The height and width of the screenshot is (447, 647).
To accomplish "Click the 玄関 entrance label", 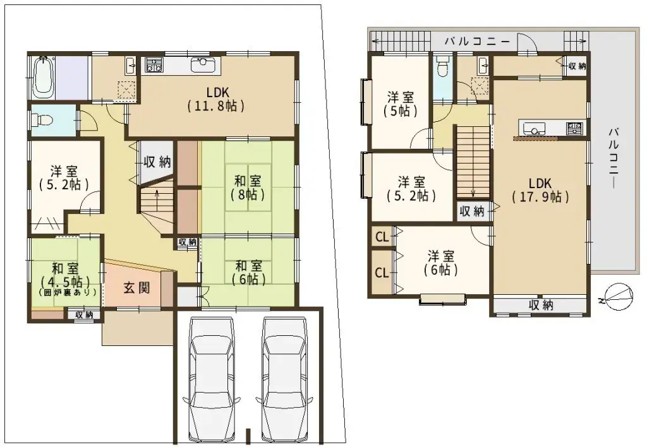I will pyautogui.click(x=136, y=289).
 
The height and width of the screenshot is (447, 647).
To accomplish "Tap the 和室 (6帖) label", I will pyautogui.click(x=247, y=271).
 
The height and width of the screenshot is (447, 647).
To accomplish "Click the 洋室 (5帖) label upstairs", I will pyautogui.click(x=401, y=104).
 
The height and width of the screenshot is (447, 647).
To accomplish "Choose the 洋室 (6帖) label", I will pyautogui.click(x=441, y=263).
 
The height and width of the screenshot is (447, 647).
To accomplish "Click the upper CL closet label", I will pyautogui.click(x=382, y=237).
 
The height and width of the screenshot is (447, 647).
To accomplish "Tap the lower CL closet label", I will pyautogui.click(x=382, y=273).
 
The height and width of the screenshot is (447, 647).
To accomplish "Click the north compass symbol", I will pyautogui.click(x=617, y=294).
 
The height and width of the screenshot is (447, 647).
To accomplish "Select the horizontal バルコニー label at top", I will pyautogui.click(x=477, y=42).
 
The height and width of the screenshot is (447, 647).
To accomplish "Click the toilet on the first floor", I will pyautogui.click(x=44, y=119).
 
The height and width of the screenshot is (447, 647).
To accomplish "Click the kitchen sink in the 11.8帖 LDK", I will pyautogui.click(x=203, y=63).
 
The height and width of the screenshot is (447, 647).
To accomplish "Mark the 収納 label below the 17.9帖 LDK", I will pyautogui.click(x=541, y=305).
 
